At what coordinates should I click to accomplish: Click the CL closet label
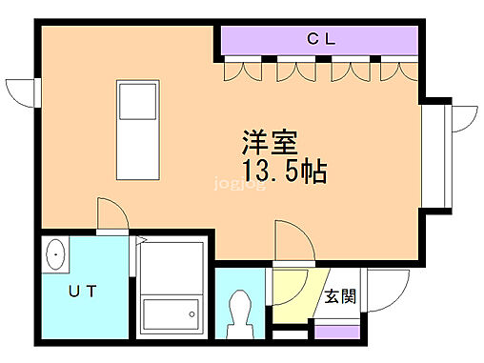(x=319, y=39)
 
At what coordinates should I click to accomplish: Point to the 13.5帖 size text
(x=284, y=172)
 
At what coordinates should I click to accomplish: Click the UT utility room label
(x=81, y=292)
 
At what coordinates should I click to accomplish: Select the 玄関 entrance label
(x=341, y=296)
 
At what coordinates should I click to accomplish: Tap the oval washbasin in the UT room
(x=55, y=255)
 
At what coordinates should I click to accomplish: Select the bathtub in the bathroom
(x=171, y=313)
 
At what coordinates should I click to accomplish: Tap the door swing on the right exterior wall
(x=465, y=114)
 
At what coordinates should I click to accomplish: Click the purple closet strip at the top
(x=319, y=41)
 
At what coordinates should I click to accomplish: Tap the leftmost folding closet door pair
(x=243, y=70)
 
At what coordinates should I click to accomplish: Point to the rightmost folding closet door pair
(x=397, y=70)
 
